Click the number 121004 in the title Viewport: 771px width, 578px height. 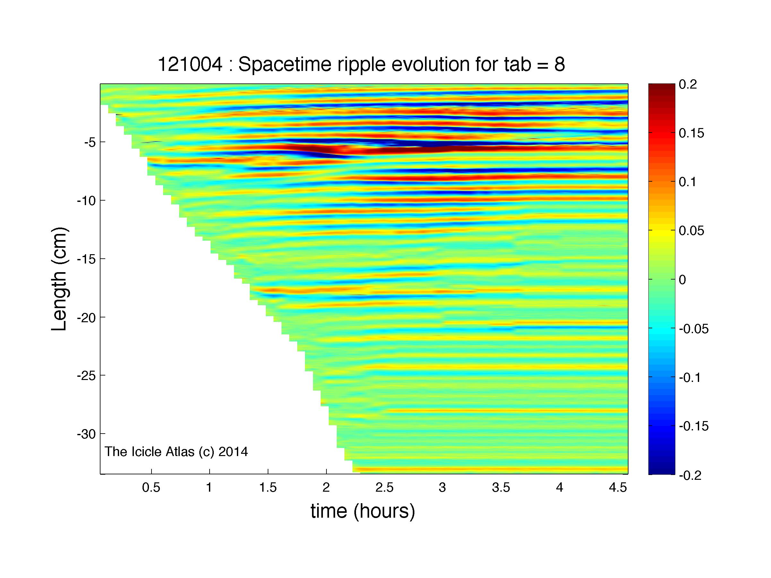point(190,65)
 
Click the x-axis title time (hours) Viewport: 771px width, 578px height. point(363,512)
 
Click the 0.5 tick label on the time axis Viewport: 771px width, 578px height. point(151,488)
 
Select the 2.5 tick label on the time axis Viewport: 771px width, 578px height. point(385,488)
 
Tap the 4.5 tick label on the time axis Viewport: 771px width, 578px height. point(618,488)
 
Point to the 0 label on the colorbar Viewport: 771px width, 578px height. point(683,280)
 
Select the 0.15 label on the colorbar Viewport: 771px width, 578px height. point(691,133)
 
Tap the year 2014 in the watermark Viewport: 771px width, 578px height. point(233,452)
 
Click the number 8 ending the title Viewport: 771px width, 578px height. point(559,65)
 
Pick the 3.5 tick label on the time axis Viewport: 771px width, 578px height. point(501,488)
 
